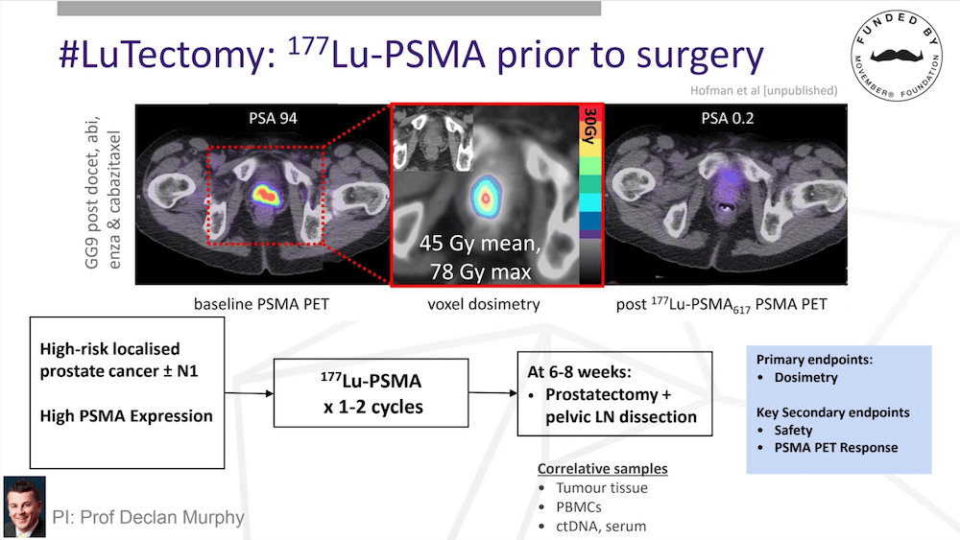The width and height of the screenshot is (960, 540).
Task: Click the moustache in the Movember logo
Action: click(x=897, y=55)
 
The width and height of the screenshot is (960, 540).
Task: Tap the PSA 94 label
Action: click(x=273, y=118)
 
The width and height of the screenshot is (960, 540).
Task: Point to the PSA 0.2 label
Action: click(x=727, y=118)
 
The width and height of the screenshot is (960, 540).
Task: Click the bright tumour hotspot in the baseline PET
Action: click(x=266, y=195)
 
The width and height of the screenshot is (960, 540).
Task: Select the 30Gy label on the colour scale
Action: click(x=589, y=126)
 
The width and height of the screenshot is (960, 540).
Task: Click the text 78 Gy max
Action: click(x=481, y=271)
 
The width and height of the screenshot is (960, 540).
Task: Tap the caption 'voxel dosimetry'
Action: click(x=484, y=304)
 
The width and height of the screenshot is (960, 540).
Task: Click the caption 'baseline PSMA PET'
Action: click(x=261, y=304)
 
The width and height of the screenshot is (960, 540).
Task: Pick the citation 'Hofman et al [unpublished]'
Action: click(x=763, y=90)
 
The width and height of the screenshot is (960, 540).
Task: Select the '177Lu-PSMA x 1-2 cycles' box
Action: click(x=371, y=392)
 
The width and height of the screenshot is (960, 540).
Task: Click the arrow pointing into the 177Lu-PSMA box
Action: click(x=250, y=393)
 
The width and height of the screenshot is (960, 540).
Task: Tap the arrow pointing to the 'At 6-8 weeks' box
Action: click(x=493, y=392)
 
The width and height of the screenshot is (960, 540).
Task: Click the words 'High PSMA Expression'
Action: click(x=126, y=416)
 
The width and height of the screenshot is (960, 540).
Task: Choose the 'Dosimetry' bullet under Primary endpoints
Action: click(x=805, y=377)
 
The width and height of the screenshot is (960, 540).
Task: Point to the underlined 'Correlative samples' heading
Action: click(x=603, y=468)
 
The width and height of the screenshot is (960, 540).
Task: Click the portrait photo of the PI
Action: click(x=25, y=507)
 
